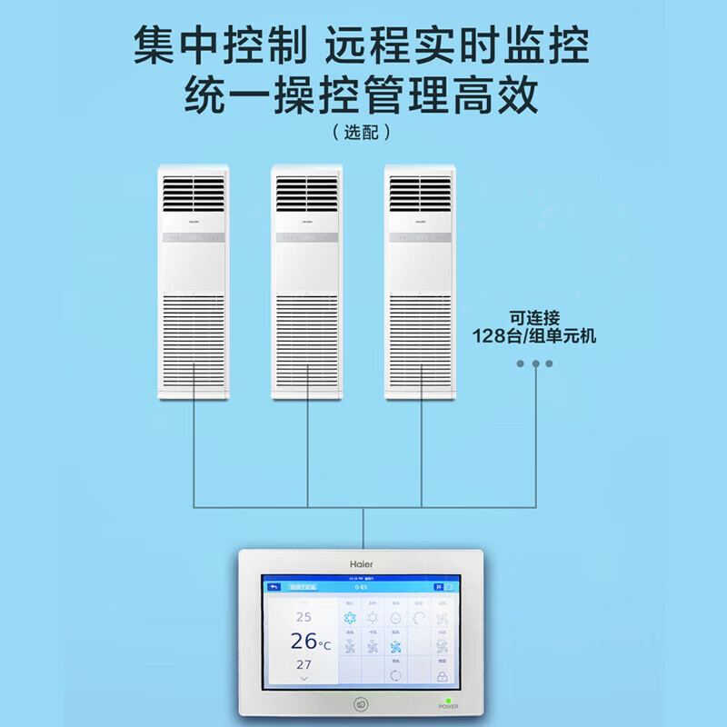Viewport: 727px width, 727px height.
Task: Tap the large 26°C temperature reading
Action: click(309, 642)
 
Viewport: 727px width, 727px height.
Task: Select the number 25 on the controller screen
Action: click(304, 617)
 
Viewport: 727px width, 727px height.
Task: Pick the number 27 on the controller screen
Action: click(304, 664)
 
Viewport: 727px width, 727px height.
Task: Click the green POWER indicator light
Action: click(449, 699)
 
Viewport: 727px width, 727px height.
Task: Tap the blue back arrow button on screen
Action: click(270, 587)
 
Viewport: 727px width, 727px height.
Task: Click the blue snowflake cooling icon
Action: click(350, 619)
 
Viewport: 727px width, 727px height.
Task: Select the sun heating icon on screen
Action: click(373, 619)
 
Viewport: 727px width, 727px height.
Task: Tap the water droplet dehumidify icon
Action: click(395, 619)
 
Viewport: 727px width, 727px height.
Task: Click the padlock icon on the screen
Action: click(443, 677)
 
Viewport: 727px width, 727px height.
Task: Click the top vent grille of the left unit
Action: click(193, 191)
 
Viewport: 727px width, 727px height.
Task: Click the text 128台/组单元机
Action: click(534, 335)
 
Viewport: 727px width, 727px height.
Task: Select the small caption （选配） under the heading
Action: click(363, 132)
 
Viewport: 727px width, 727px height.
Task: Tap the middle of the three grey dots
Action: click(535, 363)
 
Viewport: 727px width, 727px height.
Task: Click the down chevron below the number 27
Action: click(304, 679)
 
